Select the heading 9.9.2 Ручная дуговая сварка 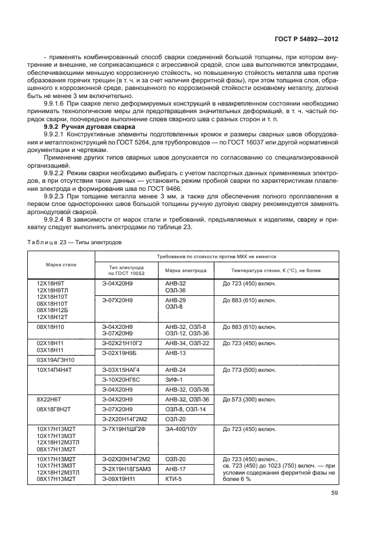pyautogui.click(x=89, y=126)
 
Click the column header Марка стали pyautogui.click(x=60, y=265)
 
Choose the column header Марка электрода pyautogui.click(x=186, y=270)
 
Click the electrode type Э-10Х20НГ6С pyautogui.click(x=122, y=379)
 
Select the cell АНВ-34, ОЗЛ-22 pyautogui.click(x=186, y=343)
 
